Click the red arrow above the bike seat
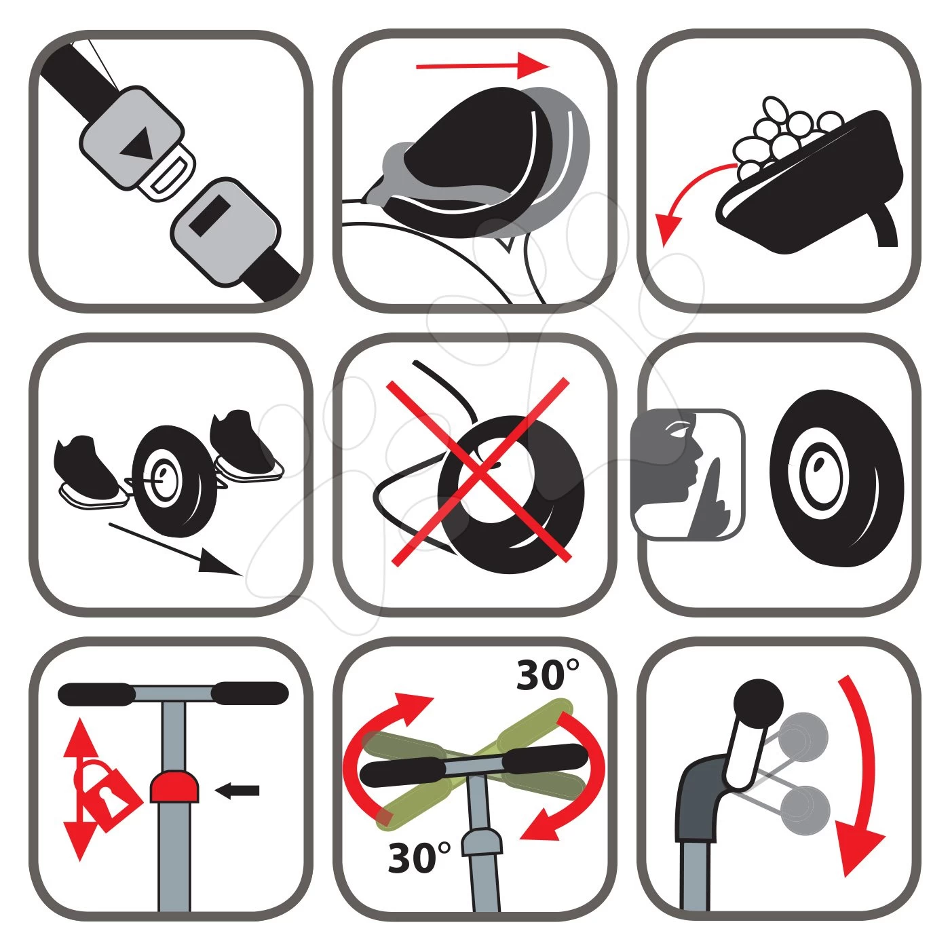(x=482, y=66)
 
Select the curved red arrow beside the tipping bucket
(x=685, y=197)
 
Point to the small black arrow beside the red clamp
(x=237, y=790)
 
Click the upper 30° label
(x=548, y=675)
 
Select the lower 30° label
(x=419, y=858)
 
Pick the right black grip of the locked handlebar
(x=250, y=693)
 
